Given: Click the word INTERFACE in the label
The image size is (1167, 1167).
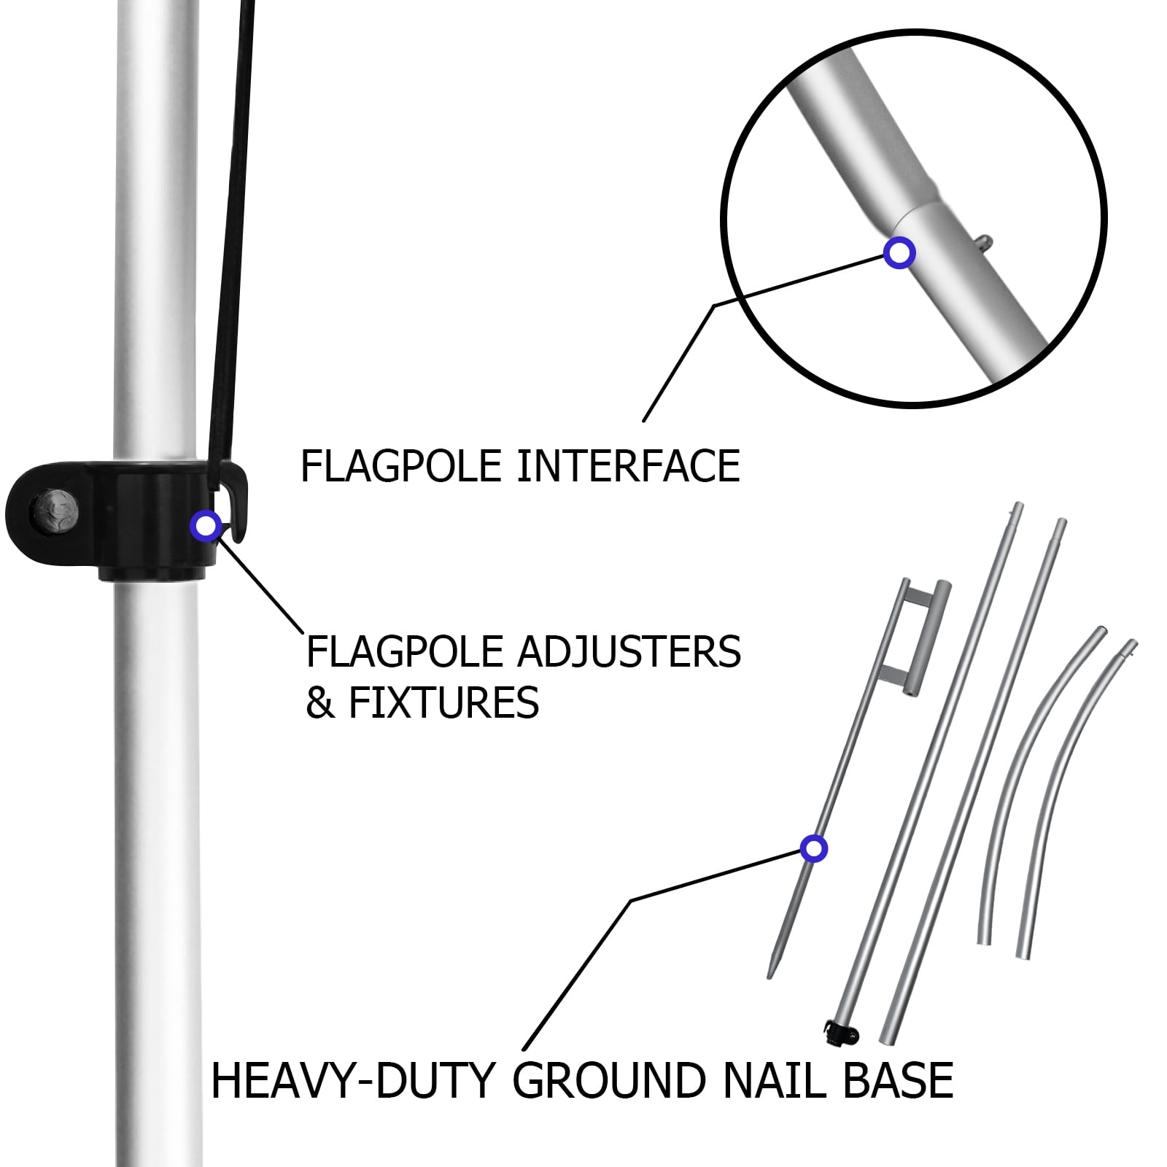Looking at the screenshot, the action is click(628, 466).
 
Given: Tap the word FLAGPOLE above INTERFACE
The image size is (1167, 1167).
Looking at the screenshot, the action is click(402, 466).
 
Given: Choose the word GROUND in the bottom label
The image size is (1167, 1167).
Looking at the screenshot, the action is click(610, 1080).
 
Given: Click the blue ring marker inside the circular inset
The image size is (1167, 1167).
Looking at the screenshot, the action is click(899, 252).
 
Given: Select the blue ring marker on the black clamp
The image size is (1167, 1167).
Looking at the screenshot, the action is click(205, 525).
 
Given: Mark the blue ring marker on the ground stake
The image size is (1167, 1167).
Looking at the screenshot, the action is click(813, 849).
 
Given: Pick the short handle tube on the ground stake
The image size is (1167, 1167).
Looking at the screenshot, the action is click(928, 638).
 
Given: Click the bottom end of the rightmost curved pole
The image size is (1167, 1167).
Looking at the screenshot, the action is click(1024, 954).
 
